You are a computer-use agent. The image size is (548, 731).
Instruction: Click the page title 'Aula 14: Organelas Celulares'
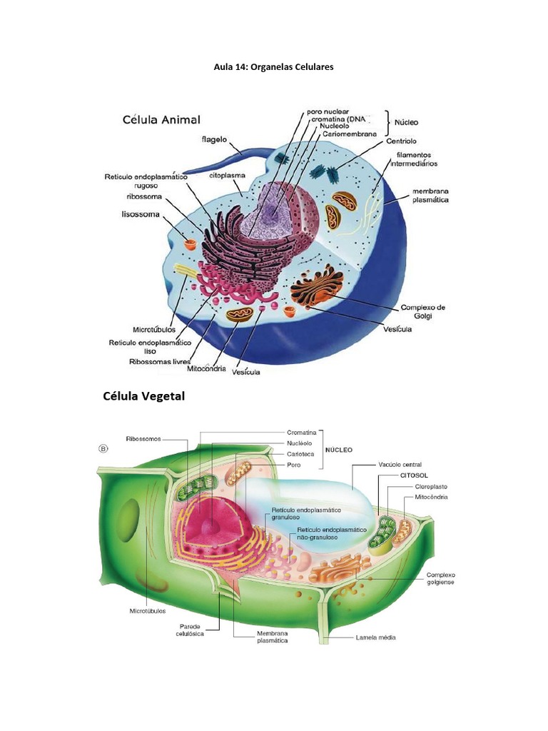[x=273, y=66]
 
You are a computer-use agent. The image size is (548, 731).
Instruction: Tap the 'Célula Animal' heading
[x=161, y=120]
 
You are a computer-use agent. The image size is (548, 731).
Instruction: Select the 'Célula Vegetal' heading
[x=144, y=396]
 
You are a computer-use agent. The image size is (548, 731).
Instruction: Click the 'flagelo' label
[x=214, y=139]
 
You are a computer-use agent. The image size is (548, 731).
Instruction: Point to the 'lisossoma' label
[x=141, y=214]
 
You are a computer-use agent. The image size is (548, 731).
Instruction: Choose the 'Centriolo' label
[x=401, y=141]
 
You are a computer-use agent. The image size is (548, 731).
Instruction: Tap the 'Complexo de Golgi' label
[x=422, y=311]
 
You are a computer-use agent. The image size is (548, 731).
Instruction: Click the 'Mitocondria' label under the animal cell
[x=206, y=368]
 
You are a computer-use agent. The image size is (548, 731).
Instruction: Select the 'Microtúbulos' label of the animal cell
[x=154, y=330]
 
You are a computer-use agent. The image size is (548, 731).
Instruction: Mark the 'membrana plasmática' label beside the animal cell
[x=430, y=196]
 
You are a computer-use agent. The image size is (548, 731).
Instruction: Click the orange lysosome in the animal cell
[x=191, y=244]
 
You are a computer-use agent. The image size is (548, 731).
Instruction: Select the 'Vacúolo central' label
[x=400, y=465]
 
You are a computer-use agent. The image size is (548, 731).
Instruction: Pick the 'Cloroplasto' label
[x=431, y=487]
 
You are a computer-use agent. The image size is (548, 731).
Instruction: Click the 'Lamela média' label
[x=375, y=637]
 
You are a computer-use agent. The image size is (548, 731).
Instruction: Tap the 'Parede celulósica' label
[x=190, y=630]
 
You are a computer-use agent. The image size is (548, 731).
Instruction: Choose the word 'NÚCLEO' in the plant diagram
[x=339, y=450]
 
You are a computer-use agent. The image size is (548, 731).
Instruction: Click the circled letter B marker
[x=103, y=449]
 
